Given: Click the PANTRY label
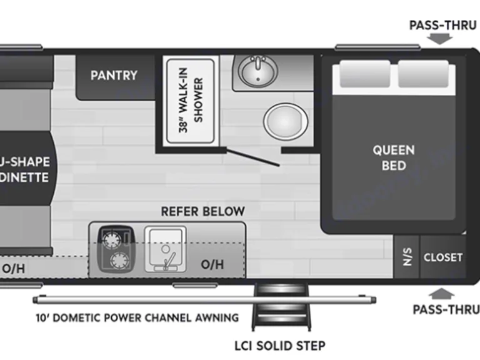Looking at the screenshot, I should point(114,75).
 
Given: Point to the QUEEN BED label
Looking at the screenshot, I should point(394,157).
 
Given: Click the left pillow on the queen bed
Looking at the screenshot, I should point(364,76).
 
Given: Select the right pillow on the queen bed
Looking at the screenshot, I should point(423,75).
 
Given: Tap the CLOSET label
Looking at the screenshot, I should point(443,257).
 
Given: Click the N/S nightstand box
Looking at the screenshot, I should point(407,257).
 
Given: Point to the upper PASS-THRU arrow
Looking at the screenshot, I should point(442,39).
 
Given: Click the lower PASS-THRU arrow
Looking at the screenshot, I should point(442,293).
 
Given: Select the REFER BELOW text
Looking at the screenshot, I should point(202,212).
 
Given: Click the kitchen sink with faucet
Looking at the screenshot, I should point(165,249).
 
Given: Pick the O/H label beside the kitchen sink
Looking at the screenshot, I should point(212,264).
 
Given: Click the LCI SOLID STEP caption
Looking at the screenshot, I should point(280,345).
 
